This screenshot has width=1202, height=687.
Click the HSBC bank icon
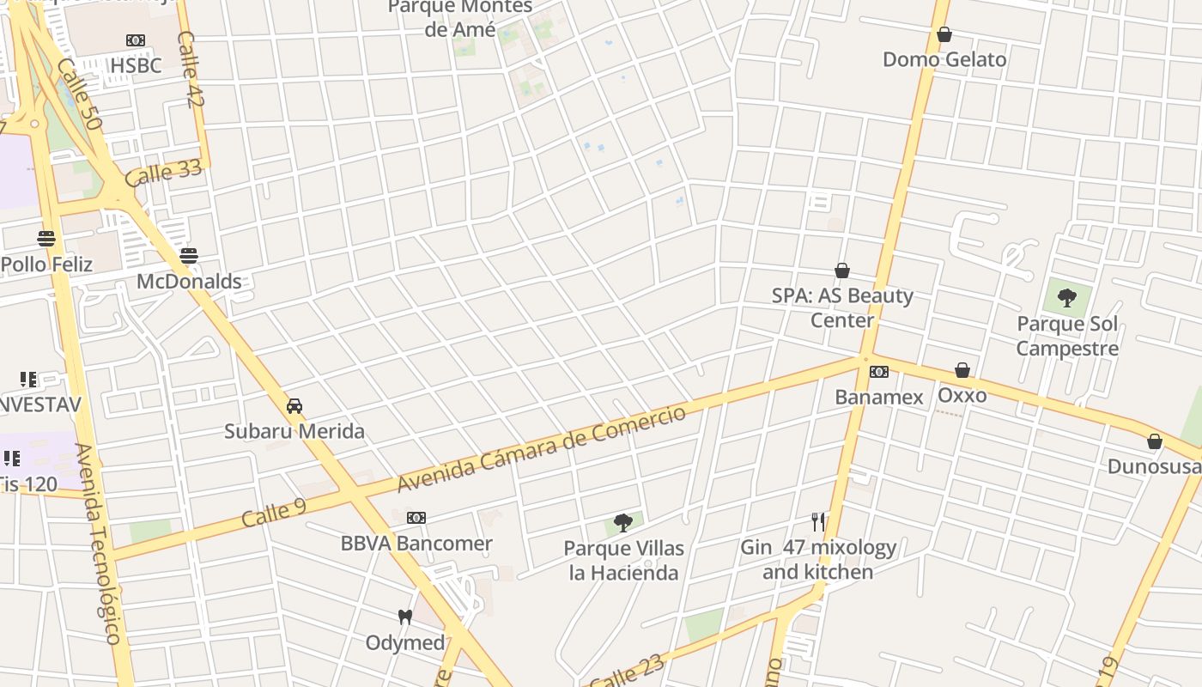pyautogui.click(x=136, y=40)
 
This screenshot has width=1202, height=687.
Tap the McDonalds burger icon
pyautogui.click(x=189, y=256)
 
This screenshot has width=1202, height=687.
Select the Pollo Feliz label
pyautogui.click(x=46, y=264)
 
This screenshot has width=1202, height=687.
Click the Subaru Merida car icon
pyautogui.click(x=294, y=405)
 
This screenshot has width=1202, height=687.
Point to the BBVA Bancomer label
pyautogui.click(x=416, y=544)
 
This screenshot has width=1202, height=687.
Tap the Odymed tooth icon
pyautogui.click(x=405, y=617)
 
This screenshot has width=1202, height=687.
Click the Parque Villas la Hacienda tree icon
pyautogui.click(x=624, y=522)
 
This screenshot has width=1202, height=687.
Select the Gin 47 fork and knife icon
pyautogui.click(x=818, y=521)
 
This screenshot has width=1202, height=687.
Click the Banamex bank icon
pyautogui.click(x=879, y=372)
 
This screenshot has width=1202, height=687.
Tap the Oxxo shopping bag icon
pyautogui.click(x=962, y=370)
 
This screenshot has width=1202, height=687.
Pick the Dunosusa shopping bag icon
pyautogui.click(x=1155, y=441)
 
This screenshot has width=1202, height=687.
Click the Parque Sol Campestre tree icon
pyautogui.click(x=1067, y=298)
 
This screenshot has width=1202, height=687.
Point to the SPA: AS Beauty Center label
pyautogui.click(x=842, y=307)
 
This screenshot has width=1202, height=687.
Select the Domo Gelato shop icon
pyautogui.click(x=944, y=34)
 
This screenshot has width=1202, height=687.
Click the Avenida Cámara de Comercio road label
pyautogui.click(x=542, y=449)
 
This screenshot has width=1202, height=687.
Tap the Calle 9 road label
pyautogui.click(x=274, y=513)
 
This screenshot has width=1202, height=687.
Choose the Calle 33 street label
pyautogui.click(x=163, y=173)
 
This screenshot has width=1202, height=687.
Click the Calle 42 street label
pyautogui.click(x=191, y=70)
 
